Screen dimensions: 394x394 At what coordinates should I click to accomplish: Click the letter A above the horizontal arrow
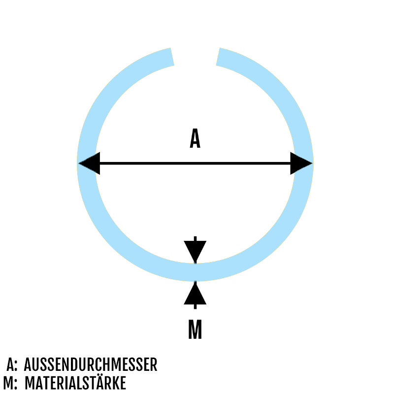[x=195, y=139]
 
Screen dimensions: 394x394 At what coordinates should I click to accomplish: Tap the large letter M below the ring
[x=195, y=330]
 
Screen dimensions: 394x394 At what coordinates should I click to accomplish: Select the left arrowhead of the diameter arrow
[x=90, y=163]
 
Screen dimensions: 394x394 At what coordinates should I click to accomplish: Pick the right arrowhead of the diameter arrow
[x=300, y=163]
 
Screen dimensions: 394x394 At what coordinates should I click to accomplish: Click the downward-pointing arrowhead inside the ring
[x=195, y=250]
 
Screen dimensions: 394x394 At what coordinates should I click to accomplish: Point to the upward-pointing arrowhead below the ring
[x=195, y=295]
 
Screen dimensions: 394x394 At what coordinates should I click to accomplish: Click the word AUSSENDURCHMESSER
[x=91, y=365]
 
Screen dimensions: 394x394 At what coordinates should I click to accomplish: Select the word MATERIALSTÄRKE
[x=75, y=383]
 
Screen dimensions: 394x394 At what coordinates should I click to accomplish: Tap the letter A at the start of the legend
[x=11, y=365]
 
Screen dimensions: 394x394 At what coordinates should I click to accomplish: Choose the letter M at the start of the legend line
[x=8, y=383]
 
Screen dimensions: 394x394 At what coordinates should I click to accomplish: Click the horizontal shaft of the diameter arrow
[x=195, y=163]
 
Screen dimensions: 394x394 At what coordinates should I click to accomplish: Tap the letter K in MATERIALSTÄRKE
[x=116, y=383]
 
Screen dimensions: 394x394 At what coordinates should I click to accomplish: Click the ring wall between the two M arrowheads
[x=195, y=272]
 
